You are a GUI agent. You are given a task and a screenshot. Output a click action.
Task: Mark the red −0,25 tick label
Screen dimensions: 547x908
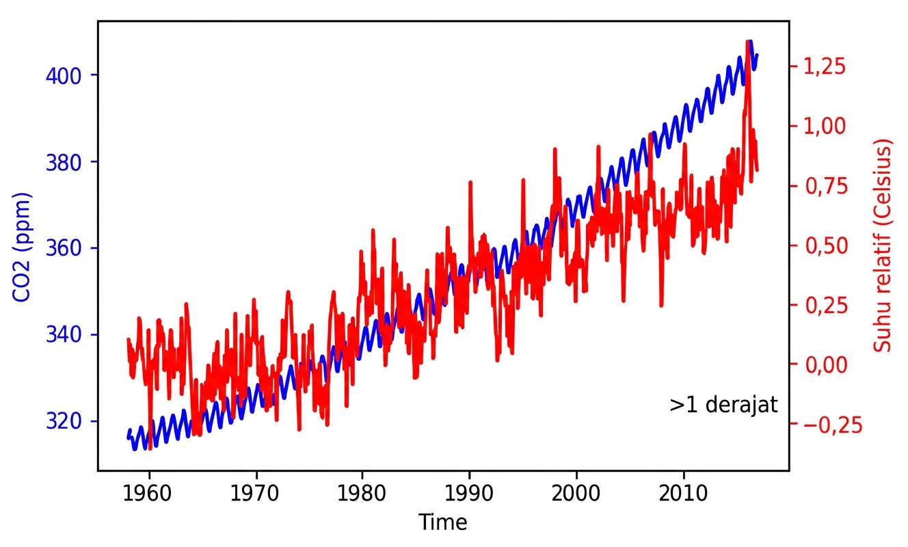[x=820, y=425]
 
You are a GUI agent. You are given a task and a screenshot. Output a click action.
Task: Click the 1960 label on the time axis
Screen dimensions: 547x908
[x=149, y=494]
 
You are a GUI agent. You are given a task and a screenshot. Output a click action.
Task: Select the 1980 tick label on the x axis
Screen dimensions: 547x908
[x=362, y=494]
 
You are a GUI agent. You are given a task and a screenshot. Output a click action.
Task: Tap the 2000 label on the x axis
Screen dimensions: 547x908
[x=576, y=494]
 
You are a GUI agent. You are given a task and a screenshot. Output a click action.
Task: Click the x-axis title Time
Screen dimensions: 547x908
[x=443, y=523]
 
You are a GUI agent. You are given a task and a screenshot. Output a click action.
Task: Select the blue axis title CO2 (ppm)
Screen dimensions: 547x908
[x=22, y=248]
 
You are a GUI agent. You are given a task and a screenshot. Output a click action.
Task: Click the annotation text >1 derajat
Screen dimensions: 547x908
[x=723, y=405]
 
